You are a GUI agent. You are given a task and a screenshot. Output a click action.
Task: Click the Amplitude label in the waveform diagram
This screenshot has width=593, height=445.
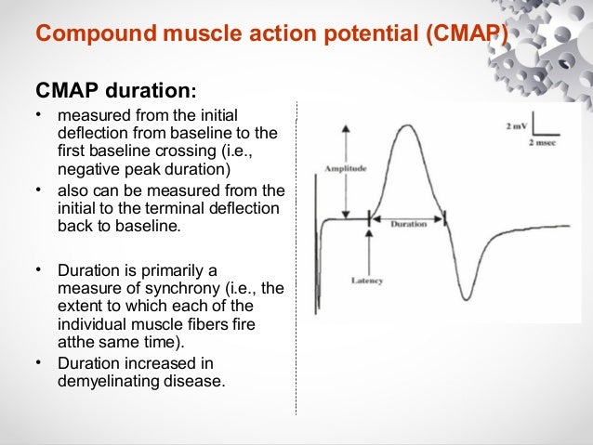click(346, 169)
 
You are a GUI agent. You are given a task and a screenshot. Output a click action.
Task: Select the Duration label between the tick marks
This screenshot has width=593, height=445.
click(408, 224)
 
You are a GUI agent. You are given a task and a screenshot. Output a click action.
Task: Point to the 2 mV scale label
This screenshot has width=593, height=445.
click(519, 124)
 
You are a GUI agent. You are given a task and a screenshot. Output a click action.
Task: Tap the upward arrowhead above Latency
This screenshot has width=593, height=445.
click(370, 235)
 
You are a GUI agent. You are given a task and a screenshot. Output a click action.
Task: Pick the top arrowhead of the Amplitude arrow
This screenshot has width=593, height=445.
click(346, 127)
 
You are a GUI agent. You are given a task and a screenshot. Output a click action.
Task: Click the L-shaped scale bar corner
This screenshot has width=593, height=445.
click(534, 137)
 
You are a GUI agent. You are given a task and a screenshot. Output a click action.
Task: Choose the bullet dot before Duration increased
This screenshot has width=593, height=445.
click(39, 361)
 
